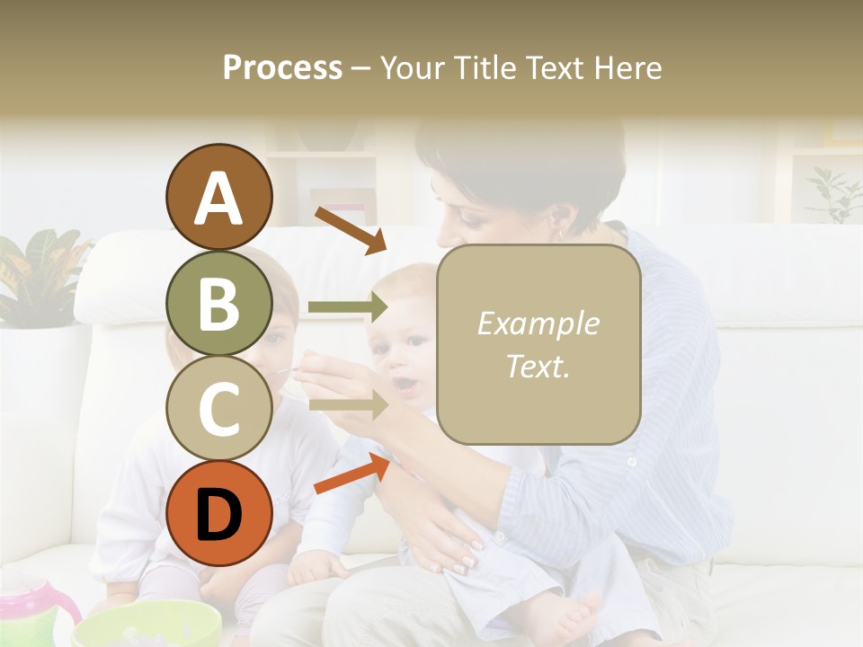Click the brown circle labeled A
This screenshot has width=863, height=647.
pyautogui.click(x=218, y=198)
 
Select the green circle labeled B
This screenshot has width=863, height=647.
pyautogui.click(x=218, y=304)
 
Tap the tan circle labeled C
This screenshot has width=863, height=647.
pyautogui.click(x=218, y=409)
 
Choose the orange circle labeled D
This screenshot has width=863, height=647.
pyautogui.click(x=218, y=514)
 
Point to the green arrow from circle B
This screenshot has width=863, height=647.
pyautogui.click(x=347, y=307)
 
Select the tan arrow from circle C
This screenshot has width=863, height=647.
pyautogui.click(x=347, y=406)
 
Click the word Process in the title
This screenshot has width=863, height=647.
pyautogui.click(x=282, y=67)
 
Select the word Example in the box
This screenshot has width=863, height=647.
pyautogui.click(x=538, y=324)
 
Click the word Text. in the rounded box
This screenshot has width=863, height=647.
pyautogui.click(x=538, y=366)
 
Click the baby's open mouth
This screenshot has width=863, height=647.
pyautogui.click(x=406, y=386)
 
